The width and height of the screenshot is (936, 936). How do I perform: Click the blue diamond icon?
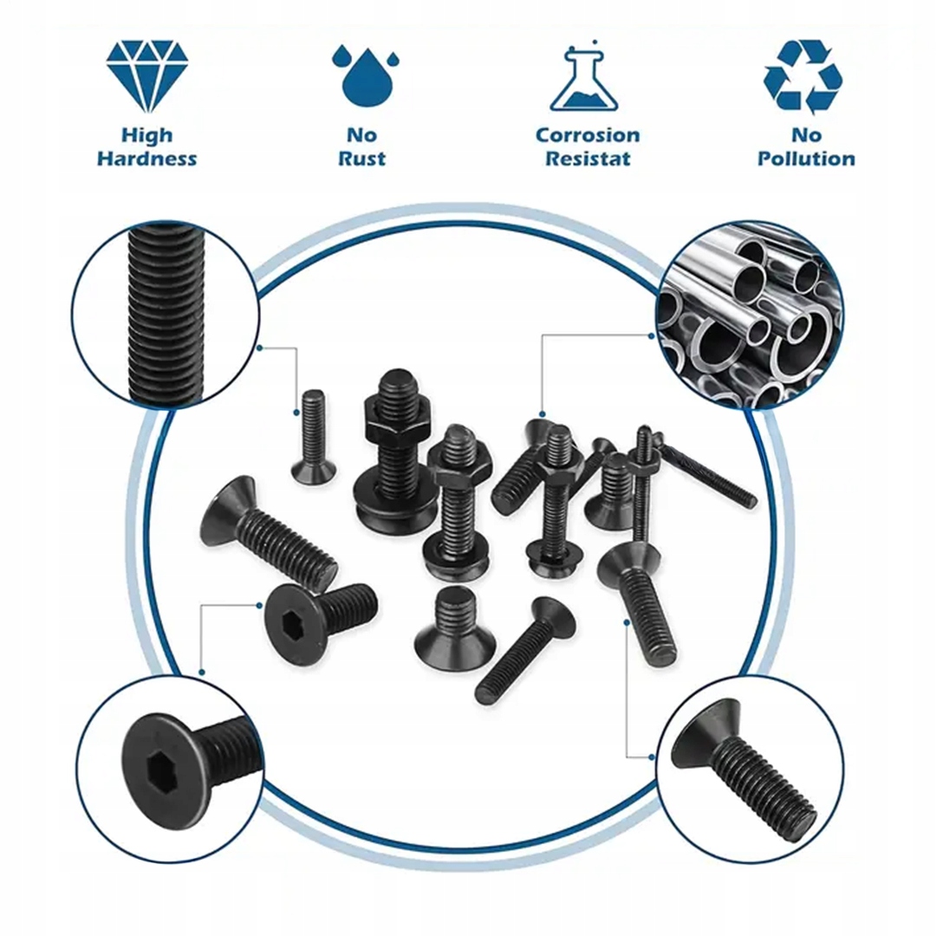pyautogui.click(x=147, y=75)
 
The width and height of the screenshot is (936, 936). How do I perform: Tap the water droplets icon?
pyautogui.click(x=365, y=75)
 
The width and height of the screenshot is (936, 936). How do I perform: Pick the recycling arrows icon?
pyautogui.click(x=803, y=76)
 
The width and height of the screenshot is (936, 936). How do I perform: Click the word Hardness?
pyautogui.click(x=146, y=159)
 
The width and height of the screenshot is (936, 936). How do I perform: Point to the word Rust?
pyautogui.click(x=361, y=159)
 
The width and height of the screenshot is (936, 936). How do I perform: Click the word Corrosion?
pyautogui.click(x=588, y=135)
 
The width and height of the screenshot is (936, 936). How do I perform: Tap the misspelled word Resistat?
pyautogui.click(x=588, y=159)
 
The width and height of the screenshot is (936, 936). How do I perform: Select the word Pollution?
pyautogui.click(x=807, y=159)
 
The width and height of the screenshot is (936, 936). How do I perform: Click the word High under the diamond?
pyautogui.click(x=146, y=136)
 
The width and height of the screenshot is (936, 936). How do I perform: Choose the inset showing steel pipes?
pyautogui.click(x=750, y=315)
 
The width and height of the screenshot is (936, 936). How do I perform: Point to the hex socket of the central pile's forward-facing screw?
pyautogui.click(x=297, y=622)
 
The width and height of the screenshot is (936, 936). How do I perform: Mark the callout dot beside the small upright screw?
pyautogui.click(x=296, y=413)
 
